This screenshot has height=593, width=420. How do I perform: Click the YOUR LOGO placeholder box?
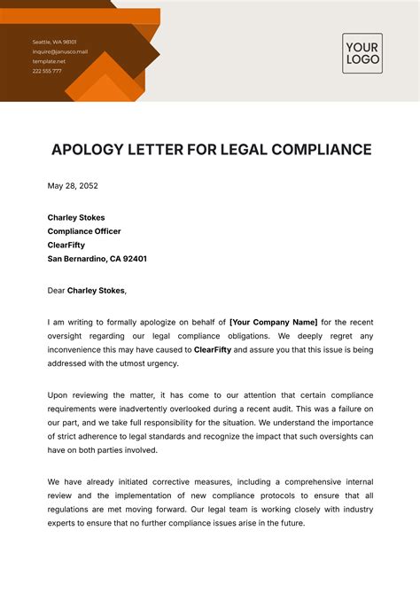362,52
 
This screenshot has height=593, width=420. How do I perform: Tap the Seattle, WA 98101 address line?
55,42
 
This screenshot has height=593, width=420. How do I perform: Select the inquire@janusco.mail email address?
60,51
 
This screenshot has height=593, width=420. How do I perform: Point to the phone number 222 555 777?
47,71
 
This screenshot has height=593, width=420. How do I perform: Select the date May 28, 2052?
73,186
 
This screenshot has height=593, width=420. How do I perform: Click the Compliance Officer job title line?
84,230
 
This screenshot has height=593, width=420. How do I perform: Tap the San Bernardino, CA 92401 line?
97,259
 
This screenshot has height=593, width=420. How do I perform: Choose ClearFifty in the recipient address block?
67,245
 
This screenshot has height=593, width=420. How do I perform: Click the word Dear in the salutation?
56,290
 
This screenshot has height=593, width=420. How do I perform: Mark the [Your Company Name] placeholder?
273,322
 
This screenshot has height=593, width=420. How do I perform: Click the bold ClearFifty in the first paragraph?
214,349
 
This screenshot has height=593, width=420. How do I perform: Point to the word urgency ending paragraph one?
161,363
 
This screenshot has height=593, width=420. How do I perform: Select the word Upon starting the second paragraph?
58,394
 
